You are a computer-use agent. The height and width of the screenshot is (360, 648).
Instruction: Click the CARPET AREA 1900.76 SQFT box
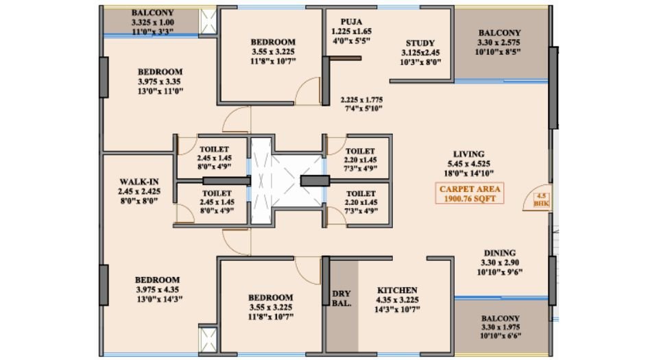[468, 193]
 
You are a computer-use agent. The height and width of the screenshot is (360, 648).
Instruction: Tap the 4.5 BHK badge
[541, 200]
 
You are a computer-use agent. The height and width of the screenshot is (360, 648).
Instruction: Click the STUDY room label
[420, 43]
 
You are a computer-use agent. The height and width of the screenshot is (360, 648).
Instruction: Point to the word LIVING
[468, 154]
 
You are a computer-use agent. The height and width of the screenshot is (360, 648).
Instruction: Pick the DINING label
[499, 252]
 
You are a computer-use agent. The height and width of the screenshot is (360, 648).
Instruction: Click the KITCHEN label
[397, 290]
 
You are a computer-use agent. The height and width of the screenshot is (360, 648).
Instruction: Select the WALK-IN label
[139, 182]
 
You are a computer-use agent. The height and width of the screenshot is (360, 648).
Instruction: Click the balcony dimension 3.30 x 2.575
[499, 43]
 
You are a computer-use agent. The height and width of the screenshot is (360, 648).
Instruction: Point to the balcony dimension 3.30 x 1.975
[499, 328]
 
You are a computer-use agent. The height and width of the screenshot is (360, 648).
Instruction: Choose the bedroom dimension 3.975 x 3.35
[160, 81]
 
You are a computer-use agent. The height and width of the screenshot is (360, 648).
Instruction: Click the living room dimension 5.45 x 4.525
[468, 163]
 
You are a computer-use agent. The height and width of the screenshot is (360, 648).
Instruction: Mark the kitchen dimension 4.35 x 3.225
[397, 300]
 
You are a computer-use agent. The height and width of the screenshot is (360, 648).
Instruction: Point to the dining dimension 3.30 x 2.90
[499, 262]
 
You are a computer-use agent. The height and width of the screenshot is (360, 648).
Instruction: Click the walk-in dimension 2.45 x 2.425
[139, 191]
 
